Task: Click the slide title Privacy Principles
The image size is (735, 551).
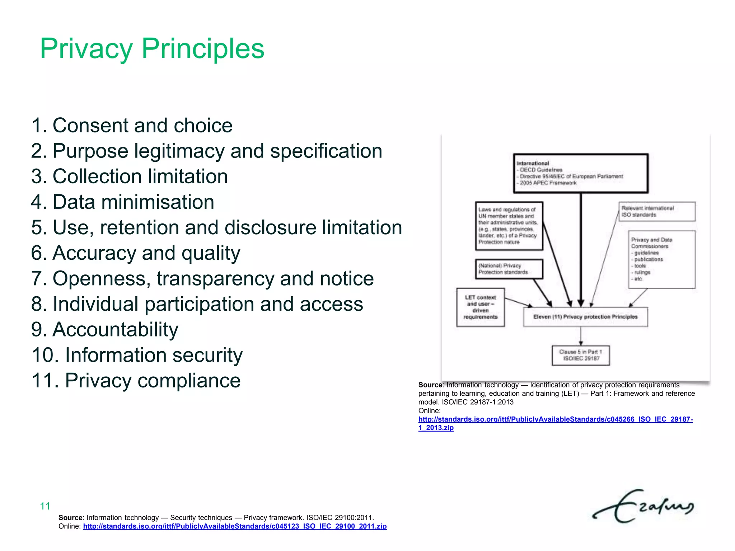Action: click(x=152, y=48)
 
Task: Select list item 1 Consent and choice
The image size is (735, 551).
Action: click(x=132, y=126)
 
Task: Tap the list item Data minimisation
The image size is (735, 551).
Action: click(x=123, y=202)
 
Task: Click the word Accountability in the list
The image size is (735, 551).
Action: click(x=115, y=329)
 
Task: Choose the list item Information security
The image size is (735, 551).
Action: click(x=137, y=355)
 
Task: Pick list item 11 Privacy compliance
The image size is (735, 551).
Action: click(x=136, y=381)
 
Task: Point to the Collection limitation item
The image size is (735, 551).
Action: click(x=130, y=176)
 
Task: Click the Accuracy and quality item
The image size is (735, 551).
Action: click(x=136, y=253)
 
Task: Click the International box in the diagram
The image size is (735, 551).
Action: click(x=580, y=173)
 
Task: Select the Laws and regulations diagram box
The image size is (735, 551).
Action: click(x=509, y=226)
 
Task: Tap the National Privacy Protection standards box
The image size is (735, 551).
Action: click(x=509, y=269)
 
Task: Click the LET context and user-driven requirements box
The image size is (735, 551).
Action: click(x=480, y=307)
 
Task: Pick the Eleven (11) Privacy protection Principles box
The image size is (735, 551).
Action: click(x=585, y=317)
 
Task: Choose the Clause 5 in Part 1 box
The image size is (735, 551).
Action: click(x=580, y=355)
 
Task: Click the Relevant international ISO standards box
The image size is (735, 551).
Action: click(x=657, y=212)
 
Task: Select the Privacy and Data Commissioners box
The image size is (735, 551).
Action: click(x=661, y=259)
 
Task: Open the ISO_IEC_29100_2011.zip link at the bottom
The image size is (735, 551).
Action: click(x=235, y=526)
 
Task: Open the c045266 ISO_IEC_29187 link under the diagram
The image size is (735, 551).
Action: click(x=555, y=419)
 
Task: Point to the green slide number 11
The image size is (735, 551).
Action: click(x=45, y=506)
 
